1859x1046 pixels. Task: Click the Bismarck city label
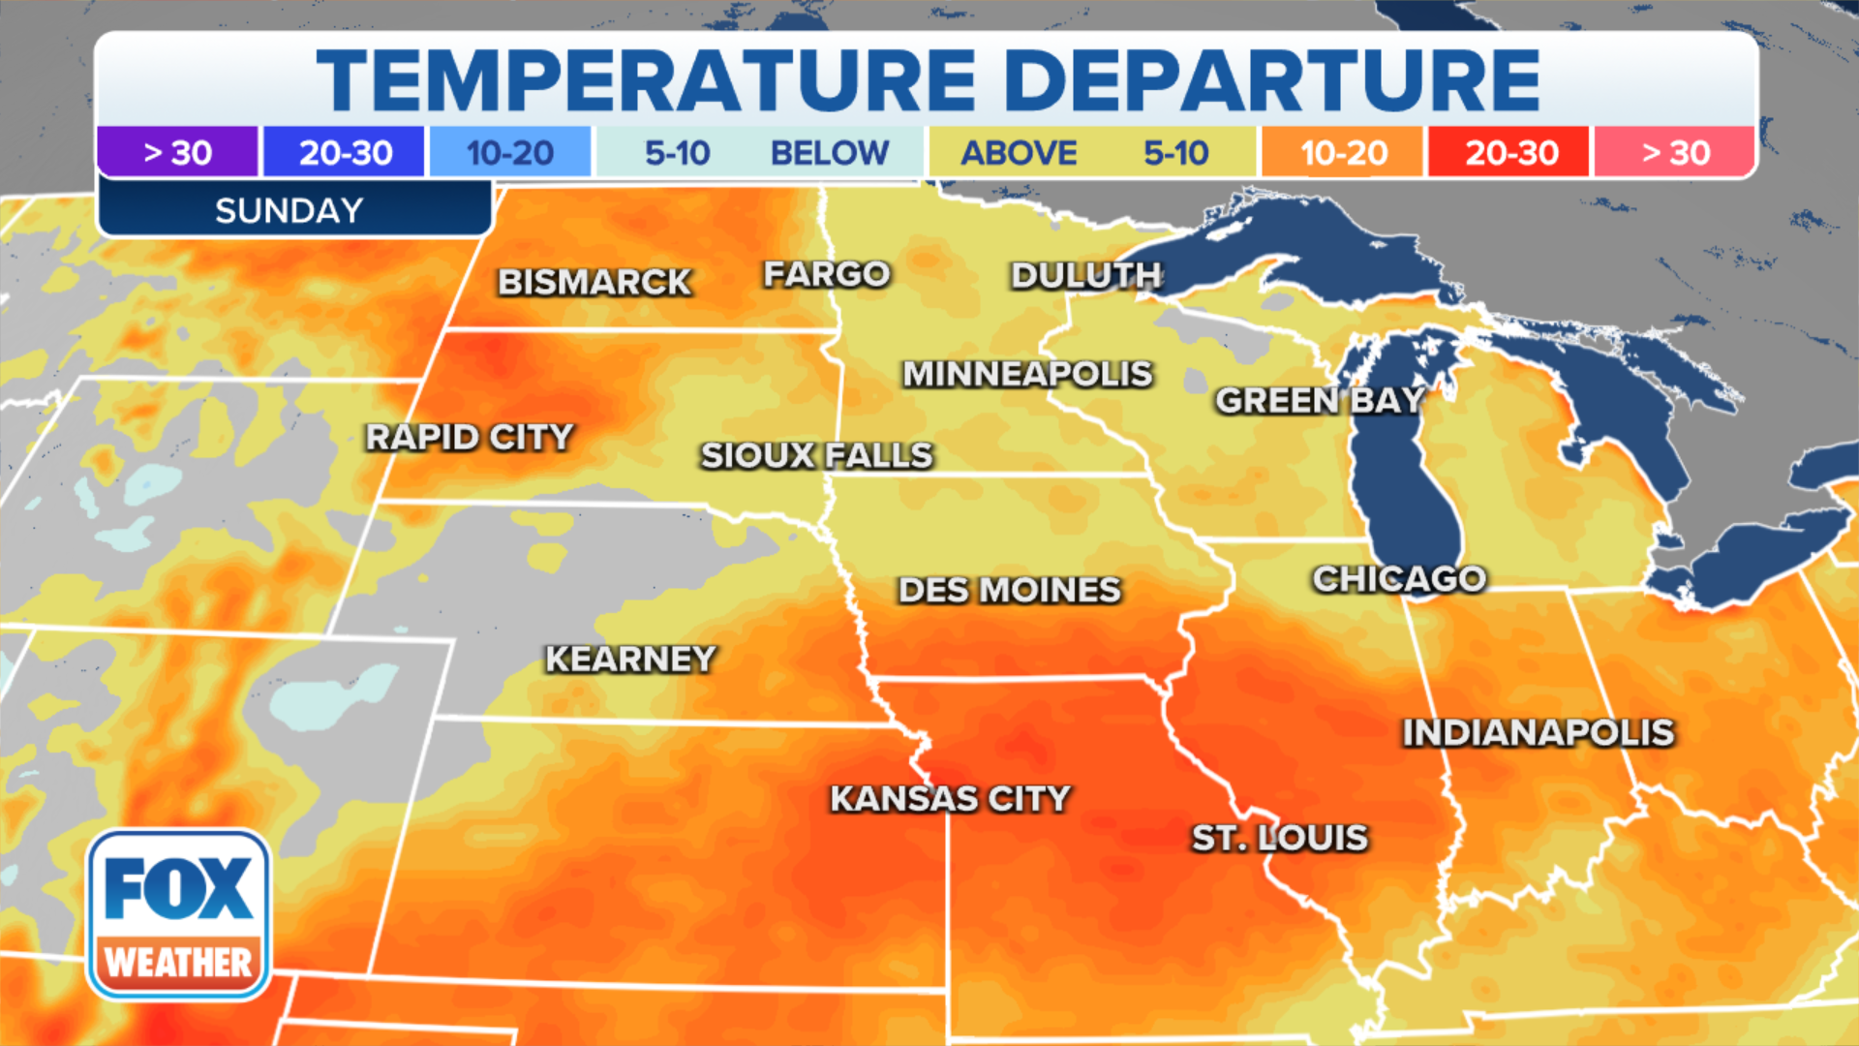(x=594, y=282)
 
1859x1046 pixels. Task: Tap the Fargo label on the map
(x=826, y=274)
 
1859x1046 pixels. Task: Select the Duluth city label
(x=1085, y=276)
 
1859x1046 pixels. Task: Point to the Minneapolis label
(x=1027, y=374)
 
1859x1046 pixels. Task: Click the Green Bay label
(x=1320, y=400)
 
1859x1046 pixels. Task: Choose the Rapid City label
(x=470, y=437)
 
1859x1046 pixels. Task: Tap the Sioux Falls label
(x=816, y=455)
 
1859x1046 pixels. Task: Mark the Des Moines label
(x=1009, y=590)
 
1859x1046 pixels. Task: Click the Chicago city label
(x=1399, y=579)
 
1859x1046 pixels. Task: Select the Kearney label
(x=630, y=660)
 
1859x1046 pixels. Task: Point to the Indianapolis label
(x=1539, y=733)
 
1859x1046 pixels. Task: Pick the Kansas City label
(x=950, y=799)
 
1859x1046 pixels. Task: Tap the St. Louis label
(x=1279, y=838)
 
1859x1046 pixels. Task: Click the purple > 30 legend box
(x=177, y=152)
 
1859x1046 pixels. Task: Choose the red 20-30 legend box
(x=1510, y=152)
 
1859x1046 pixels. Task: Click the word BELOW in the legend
(x=829, y=152)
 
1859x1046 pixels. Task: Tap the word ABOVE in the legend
(x=1019, y=152)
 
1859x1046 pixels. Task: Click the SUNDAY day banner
(x=290, y=210)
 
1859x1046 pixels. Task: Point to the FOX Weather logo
(x=179, y=915)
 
